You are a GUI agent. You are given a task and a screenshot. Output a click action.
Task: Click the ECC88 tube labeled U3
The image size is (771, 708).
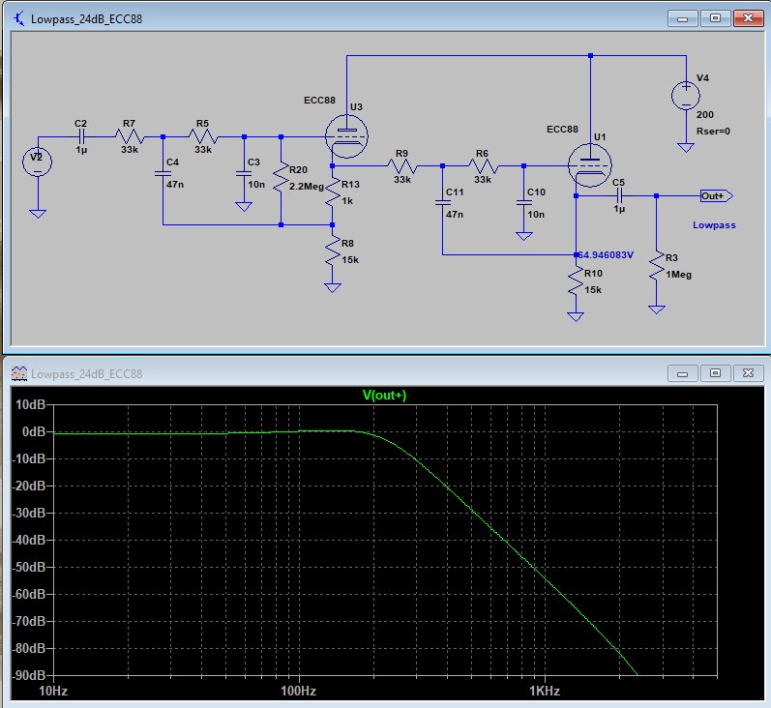point(346,136)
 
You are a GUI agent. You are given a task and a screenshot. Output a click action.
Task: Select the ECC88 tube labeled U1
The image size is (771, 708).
point(589,165)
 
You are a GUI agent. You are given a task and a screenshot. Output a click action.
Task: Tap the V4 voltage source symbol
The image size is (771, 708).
point(686,96)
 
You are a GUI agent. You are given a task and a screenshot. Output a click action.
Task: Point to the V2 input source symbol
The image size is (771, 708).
point(38,162)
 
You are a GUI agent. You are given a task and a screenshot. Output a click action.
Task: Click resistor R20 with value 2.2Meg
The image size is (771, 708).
point(281,178)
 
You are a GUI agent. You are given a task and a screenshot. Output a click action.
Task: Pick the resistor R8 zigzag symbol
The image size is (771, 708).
point(333,251)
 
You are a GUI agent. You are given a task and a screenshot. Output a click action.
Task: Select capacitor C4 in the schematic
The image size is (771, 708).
point(163,173)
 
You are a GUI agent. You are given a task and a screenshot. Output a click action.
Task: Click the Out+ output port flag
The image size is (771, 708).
point(717,195)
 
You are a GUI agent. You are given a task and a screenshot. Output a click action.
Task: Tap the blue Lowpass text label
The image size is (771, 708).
point(714,225)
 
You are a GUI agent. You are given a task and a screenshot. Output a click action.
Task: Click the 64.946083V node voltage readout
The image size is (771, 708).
point(606,254)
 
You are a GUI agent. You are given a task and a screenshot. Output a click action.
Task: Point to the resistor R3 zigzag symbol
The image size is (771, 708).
point(657,266)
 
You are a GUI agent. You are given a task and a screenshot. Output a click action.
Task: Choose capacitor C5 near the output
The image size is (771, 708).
point(619,196)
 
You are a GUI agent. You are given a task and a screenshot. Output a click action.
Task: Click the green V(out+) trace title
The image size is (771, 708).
point(384,395)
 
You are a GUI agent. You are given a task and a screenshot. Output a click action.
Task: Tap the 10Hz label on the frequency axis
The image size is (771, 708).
point(53,691)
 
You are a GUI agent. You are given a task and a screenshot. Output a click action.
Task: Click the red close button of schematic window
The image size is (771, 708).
point(748,18)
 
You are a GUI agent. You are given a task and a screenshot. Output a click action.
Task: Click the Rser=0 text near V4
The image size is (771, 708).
point(713,132)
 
